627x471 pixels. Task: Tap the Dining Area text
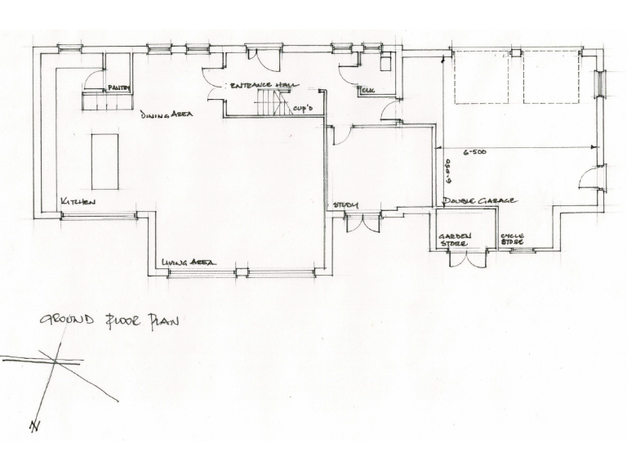[166, 115]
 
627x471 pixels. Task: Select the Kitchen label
[78, 201]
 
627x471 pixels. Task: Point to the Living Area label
[188, 262]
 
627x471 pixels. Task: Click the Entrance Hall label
[262, 84]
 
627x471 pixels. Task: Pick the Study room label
[345, 204]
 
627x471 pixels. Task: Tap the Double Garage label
[478, 200]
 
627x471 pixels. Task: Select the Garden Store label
[456, 240]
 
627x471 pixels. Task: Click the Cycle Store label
[512, 240]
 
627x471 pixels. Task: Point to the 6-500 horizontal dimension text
[477, 152]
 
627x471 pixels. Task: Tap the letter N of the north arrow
[33, 426]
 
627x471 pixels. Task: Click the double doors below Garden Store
[468, 258]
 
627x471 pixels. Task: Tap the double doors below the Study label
[362, 222]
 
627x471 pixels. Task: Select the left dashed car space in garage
[480, 77]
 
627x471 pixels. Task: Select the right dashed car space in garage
[550, 77]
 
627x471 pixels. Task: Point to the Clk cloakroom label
[367, 91]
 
